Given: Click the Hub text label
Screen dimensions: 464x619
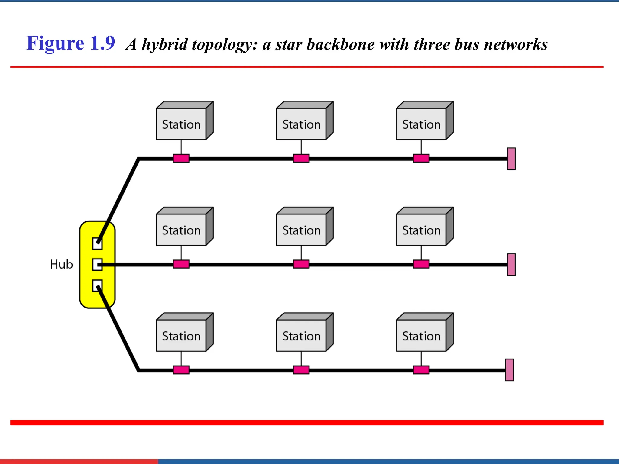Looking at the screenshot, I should point(61,264).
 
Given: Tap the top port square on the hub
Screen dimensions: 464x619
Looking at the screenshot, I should point(97,243).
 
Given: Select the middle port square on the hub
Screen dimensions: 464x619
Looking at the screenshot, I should point(97,265).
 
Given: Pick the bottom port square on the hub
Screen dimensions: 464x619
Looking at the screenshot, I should point(97,285).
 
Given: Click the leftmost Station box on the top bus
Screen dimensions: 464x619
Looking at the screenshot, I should point(181,124).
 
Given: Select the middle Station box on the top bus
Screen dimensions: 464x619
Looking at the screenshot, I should point(301,124).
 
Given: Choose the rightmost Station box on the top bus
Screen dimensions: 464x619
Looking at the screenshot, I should point(421,124).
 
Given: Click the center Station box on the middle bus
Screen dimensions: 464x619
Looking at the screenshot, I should point(301,230).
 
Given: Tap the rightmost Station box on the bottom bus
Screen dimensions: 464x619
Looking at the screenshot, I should point(421,336).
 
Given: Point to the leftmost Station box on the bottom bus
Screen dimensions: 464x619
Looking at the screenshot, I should point(181,336).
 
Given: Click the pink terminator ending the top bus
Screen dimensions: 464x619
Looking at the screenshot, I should point(511,159).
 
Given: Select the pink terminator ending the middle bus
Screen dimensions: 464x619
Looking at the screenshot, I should point(511,264).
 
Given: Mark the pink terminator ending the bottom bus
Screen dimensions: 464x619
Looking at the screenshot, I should point(509,370).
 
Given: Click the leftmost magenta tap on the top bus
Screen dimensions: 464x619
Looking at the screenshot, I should point(181,158).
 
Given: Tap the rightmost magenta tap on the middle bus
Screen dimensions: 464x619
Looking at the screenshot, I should point(421,264).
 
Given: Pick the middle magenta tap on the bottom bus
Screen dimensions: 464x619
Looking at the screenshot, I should point(301,370).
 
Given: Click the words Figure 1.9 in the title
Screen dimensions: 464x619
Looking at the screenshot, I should point(71,43).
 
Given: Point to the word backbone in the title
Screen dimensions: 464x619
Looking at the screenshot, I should point(341,44).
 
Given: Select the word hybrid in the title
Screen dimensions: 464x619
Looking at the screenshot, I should point(165,45).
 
